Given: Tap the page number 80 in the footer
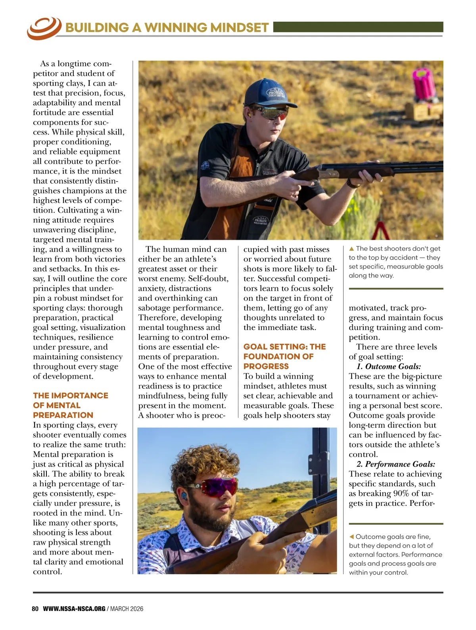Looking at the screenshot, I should [35, 609].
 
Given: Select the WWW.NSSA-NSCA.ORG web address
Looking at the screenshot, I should [74, 609].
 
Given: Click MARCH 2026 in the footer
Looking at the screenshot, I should [127, 609].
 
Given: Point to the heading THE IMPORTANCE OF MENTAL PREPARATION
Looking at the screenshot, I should [70, 405].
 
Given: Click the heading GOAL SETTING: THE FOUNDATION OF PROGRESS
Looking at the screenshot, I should [284, 356].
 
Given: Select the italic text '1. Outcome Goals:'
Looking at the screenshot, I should [388, 366].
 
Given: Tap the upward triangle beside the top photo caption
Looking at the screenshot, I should [351, 249].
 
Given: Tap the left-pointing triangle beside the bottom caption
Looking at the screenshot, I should [351, 537].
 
